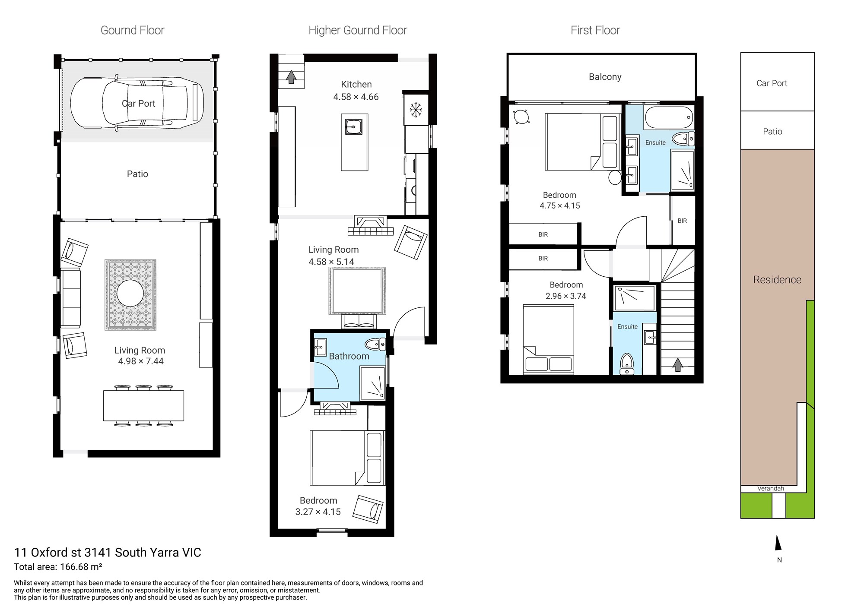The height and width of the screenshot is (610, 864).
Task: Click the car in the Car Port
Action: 137,103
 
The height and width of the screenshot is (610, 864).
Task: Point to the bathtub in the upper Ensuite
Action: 669,118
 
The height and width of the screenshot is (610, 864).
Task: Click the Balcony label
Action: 605,77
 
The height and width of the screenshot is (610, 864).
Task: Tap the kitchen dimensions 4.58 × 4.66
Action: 356,97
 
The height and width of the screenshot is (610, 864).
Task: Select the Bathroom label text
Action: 349,356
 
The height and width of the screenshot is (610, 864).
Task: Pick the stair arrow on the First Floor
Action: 678,365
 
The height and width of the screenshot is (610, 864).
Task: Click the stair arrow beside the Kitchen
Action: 291,77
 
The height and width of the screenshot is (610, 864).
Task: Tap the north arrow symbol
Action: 778,543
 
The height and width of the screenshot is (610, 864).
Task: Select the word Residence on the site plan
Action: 777,280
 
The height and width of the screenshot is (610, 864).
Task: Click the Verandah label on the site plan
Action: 771,489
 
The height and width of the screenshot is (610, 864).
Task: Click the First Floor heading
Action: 595,30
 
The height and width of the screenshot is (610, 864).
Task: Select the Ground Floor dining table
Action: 143,406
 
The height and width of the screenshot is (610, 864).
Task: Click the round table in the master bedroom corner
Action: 521,117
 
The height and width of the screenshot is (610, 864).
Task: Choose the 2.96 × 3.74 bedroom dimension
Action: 566,296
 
